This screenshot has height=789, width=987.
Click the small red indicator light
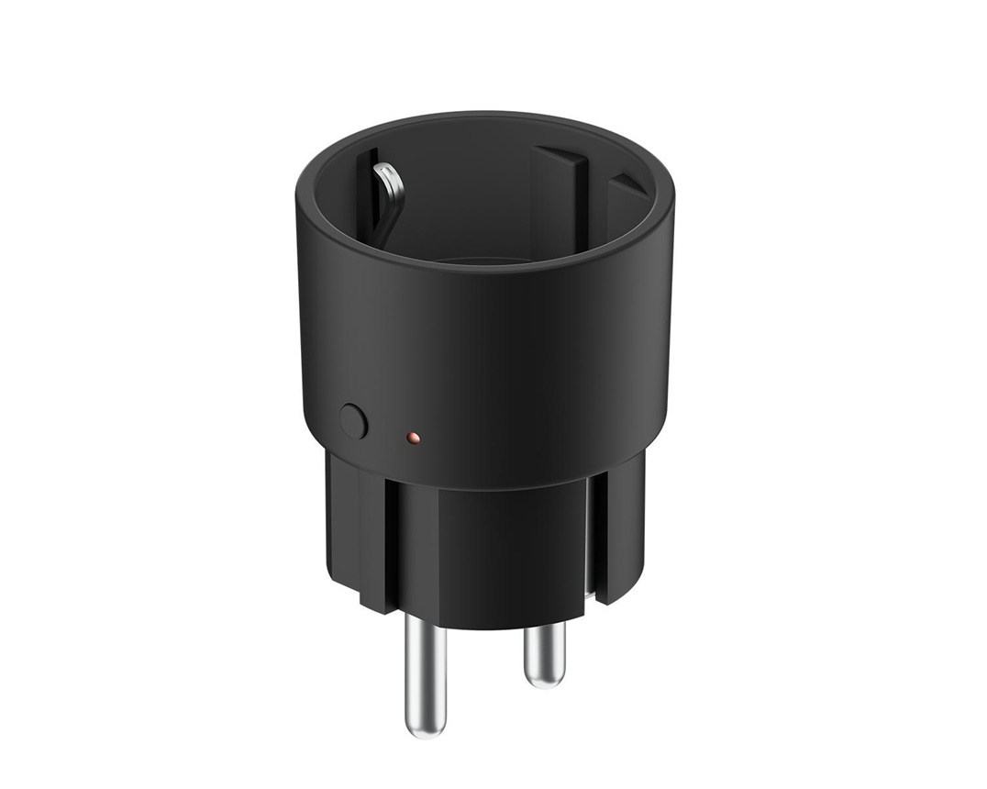tap(413, 439)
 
